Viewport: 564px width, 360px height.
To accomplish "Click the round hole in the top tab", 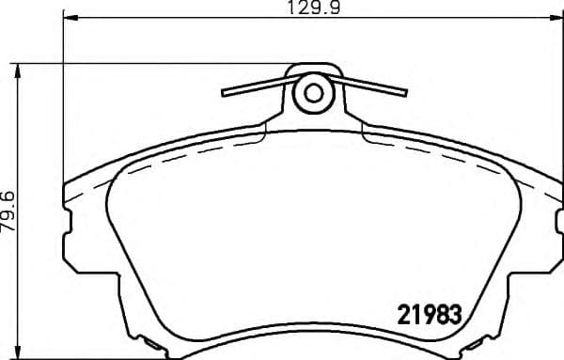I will click(312, 92).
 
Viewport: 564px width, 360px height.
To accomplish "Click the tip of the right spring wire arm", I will click(406, 92).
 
